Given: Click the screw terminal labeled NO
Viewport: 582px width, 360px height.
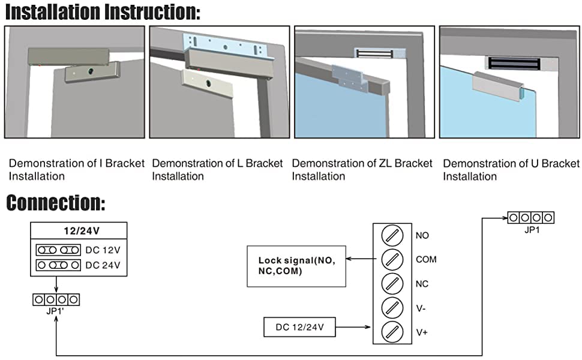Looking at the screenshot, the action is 392,235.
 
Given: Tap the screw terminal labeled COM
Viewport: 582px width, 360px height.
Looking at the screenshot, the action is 392,259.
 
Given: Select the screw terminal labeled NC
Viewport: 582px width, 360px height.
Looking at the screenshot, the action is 392,284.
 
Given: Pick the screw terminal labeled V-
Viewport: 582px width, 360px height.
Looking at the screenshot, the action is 392,308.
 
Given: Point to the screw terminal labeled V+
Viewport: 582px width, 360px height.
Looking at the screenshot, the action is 392,332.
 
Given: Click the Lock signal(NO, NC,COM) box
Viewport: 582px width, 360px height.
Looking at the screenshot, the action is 296,266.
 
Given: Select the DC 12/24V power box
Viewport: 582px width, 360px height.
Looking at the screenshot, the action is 299,327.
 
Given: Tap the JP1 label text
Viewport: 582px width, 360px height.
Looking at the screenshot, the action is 532,230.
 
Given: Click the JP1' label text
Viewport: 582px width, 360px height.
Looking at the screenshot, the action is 55,311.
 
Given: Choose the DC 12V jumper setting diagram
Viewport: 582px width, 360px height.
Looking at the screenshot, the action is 58,250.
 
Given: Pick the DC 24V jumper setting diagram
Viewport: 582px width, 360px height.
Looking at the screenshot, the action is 58,265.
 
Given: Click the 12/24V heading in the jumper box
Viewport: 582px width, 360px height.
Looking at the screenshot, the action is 82,231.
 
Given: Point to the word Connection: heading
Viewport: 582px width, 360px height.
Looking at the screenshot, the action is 56,203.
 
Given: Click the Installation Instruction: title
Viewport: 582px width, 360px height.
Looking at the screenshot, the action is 103,11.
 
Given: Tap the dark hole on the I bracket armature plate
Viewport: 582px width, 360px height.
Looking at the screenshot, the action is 91,71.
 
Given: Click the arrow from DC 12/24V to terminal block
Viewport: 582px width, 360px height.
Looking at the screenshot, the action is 353,327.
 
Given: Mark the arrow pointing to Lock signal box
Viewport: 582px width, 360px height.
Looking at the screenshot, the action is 361,259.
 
